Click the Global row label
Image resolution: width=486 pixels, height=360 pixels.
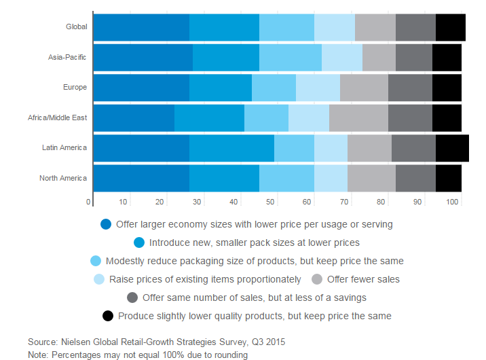pos(76,27)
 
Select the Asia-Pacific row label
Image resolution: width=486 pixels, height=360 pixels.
pos(67,57)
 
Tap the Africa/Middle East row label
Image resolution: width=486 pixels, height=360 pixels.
pos(57,118)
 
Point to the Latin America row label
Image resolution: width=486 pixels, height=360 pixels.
pos(64,147)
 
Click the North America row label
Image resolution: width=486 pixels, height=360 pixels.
pos(63,178)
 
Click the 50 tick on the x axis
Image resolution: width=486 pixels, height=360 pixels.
pos(272,202)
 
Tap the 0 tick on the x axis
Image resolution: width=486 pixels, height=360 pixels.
pos(88,202)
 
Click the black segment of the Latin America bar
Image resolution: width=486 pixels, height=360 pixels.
pos(451,147)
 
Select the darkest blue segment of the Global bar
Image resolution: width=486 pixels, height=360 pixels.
pos(141,27)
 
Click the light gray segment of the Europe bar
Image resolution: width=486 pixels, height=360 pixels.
pos(363,88)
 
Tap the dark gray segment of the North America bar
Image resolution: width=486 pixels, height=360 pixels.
pos(415,178)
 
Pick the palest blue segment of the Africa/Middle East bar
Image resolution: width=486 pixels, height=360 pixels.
pos(308,118)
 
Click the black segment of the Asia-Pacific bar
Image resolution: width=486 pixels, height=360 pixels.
pos(446,57)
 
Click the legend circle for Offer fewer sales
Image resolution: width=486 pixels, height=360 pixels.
pos(317,279)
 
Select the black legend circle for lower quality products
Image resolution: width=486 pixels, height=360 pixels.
pos(107,316)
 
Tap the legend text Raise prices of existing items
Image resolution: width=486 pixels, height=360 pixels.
pos(205,279)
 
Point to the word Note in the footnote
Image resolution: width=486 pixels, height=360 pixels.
pos(38,355)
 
